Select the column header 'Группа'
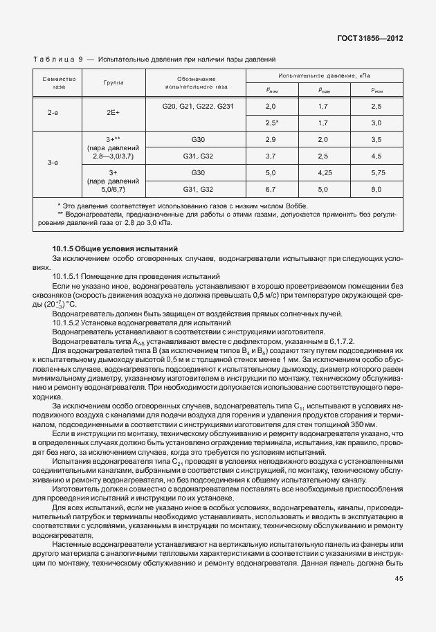113,82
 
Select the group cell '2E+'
113,111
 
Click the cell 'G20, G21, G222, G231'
197,106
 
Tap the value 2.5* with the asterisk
271,123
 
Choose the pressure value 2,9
271,140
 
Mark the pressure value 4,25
323,172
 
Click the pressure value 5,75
376,172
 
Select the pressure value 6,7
271,188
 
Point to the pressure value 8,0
376,188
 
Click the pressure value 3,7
271,156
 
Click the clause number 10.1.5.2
71,323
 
